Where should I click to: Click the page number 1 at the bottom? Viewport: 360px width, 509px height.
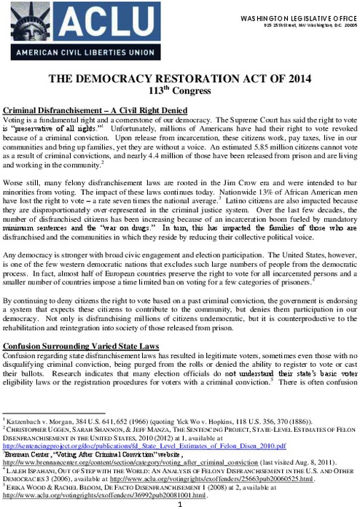click(180, 503)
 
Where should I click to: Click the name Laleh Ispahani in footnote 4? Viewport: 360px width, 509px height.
click(33, 470)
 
